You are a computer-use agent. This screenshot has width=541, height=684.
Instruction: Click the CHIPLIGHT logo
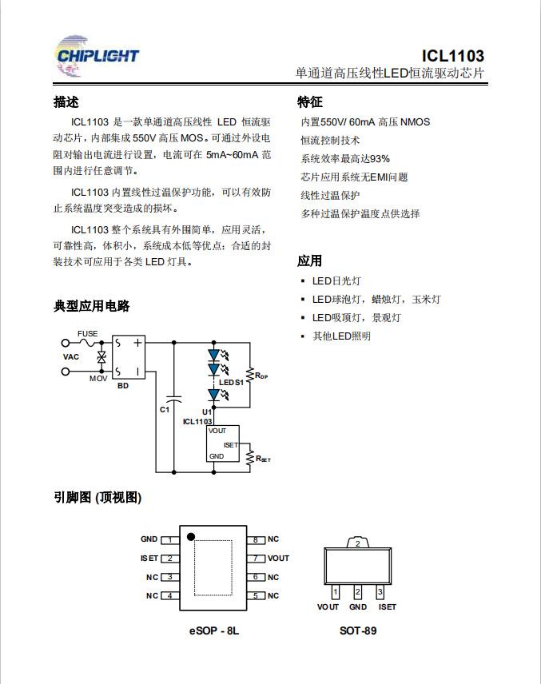97,56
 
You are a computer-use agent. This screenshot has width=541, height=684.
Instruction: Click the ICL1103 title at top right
452,56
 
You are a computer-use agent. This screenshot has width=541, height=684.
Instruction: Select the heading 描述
66,102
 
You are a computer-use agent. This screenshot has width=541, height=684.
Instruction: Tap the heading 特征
310,102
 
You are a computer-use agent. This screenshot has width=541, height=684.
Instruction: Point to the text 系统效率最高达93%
345,159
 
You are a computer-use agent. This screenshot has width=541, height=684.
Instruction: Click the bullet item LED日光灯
336,281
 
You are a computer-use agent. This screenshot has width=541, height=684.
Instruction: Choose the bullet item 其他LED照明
341,336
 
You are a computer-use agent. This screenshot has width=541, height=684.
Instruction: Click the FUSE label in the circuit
88,334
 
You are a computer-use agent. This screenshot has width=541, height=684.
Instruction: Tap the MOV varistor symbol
101,357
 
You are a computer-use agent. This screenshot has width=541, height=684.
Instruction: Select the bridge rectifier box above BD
129,357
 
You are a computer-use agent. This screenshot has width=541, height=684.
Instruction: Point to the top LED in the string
214,355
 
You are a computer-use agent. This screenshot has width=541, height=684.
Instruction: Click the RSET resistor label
263,459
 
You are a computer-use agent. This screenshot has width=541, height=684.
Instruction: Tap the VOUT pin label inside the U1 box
217,431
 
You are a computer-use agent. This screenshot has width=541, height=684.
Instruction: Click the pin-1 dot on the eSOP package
191,536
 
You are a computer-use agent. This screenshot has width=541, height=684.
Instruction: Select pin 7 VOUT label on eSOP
278,559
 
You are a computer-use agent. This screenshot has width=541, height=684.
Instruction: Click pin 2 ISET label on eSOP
149,559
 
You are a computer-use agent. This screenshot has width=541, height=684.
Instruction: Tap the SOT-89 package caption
358,630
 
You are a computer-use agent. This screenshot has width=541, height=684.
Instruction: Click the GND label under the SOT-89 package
358,606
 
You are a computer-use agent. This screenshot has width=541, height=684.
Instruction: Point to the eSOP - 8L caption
214,630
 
